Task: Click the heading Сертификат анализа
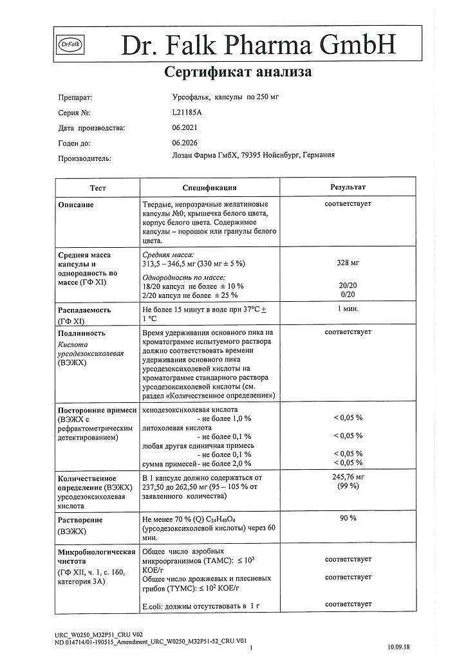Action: click(x=238, y=72)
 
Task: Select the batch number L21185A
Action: click(x=183, y=113)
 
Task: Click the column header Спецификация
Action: click(x=209, y=187)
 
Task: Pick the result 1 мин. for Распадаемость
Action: click(x=348, y=309)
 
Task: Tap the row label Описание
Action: click(x=76, y=205)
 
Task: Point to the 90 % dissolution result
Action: click(x=348, y=518)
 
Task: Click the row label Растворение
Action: click(x=80, y=520)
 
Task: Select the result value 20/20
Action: click(x=348, y=286)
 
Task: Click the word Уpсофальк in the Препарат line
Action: click(x=182, y=98)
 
